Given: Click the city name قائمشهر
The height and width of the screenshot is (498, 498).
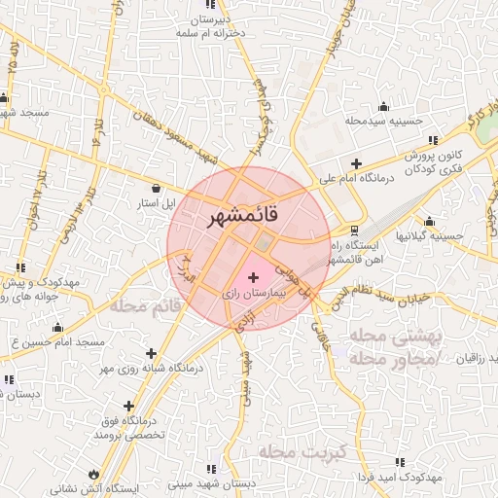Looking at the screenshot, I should pos(242,218).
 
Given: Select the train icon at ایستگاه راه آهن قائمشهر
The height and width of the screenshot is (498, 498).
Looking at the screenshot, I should pos(353,231).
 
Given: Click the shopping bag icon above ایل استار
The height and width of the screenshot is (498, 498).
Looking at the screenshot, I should pos(157,189).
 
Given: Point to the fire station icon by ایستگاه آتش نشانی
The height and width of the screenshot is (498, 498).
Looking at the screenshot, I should pos(94,474).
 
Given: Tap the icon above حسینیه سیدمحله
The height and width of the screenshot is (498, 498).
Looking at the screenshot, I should pos(383,107).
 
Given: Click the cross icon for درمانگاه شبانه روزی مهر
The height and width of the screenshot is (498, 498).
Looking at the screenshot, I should pos(150,353).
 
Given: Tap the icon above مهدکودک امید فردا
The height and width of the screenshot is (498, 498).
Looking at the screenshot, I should pos(397,462).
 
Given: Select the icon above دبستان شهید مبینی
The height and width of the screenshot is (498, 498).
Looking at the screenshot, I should pos(226,466).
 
